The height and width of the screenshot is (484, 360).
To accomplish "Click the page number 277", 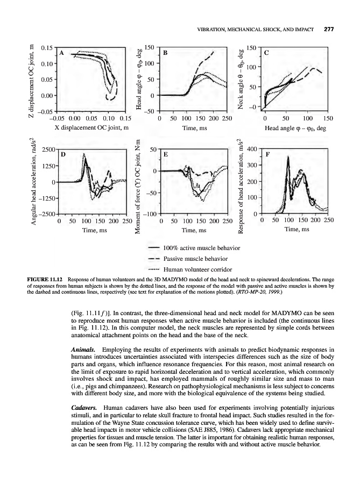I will pyautogui.click(x=329, y=30).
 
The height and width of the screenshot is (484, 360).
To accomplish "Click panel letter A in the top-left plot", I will pyautogui.click(x=62, y=53).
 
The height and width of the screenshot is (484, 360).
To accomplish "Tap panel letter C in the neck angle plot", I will pyautogui.click(x=266, y=53).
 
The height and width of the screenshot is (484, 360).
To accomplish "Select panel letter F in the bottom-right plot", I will pyautogui.click(x=268, y=154).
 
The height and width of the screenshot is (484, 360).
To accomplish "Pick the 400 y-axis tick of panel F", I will pyautogui.click(x=251, y=148).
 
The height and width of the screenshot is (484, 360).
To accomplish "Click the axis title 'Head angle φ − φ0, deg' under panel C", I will pyautogui.click(x=296, y=128).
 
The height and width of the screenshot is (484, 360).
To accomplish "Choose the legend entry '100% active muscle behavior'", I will pyautogui.click(x=201, y=248).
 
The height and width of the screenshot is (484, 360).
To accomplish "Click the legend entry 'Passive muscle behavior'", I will pyautogui.click(x=196, y=259).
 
